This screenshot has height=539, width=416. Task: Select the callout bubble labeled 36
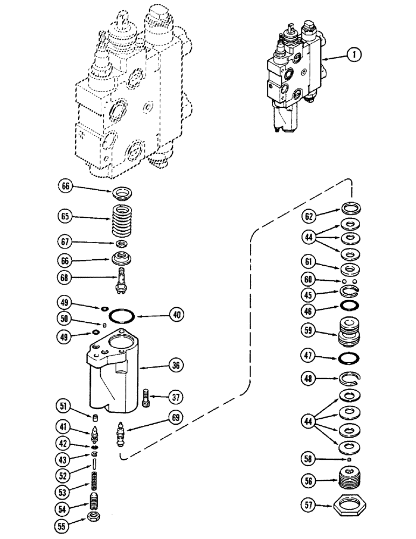pos(176,365)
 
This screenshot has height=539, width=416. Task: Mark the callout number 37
pos(176,398)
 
